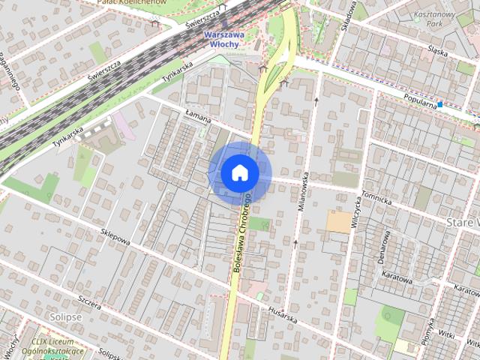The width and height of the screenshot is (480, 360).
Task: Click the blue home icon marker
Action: click(x=240, y=173)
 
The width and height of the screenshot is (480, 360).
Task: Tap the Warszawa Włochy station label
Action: click(x=223, y=38)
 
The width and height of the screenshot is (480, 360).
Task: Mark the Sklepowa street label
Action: click(x=115, y=238)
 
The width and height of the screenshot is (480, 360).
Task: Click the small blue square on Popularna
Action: click(x=440, y=104)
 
